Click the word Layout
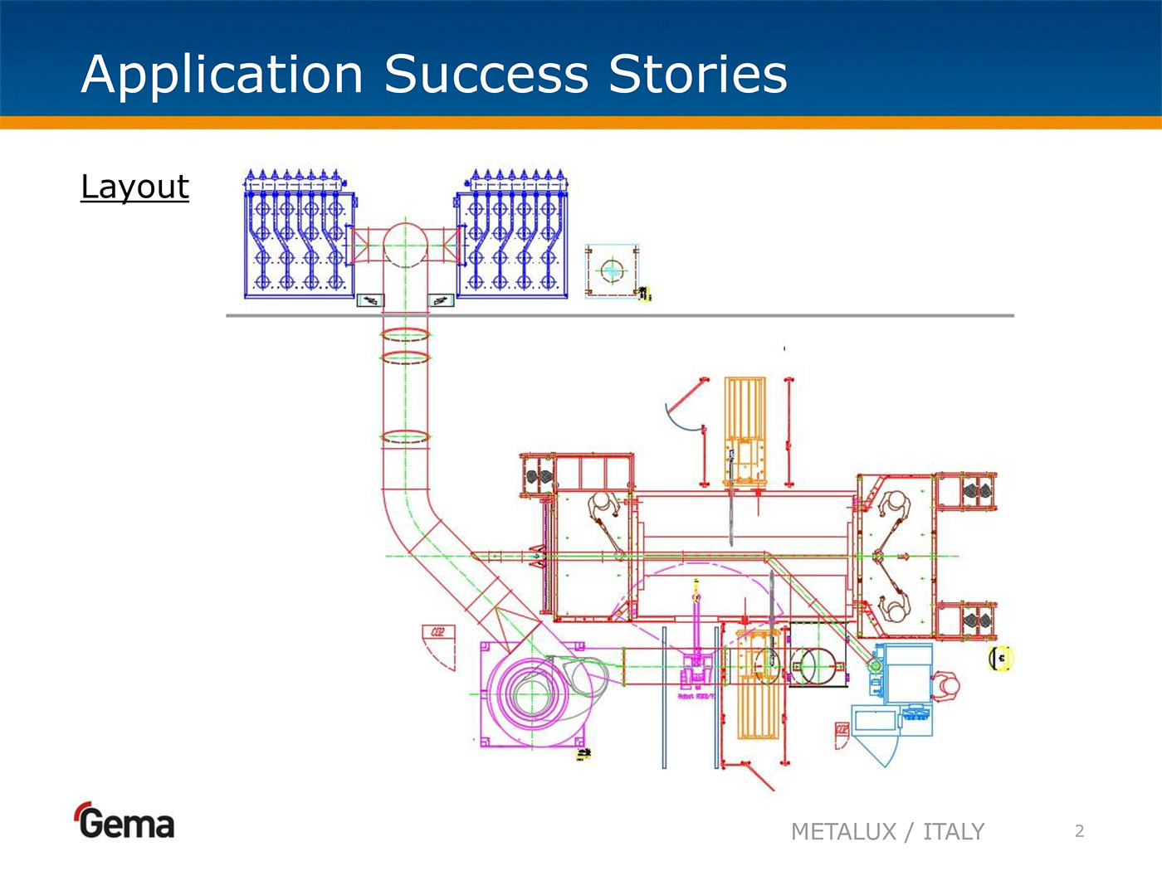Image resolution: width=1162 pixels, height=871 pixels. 134,187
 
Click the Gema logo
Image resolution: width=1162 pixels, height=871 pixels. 124,822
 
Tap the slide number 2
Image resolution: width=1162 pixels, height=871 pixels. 1079,831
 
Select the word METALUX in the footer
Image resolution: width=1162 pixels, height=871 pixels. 843,831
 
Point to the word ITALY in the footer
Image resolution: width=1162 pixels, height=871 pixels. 954,831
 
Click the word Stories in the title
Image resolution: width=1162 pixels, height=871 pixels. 697,75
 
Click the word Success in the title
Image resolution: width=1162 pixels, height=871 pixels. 486,75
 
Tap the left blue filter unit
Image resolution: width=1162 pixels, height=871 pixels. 300,236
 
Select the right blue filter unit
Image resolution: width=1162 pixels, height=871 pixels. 512,236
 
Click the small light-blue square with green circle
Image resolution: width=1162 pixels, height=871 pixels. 613,270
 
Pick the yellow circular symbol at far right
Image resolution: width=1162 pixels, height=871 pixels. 1002,658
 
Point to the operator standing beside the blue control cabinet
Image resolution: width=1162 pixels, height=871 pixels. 945,686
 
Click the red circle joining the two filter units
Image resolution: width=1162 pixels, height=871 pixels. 405,244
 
